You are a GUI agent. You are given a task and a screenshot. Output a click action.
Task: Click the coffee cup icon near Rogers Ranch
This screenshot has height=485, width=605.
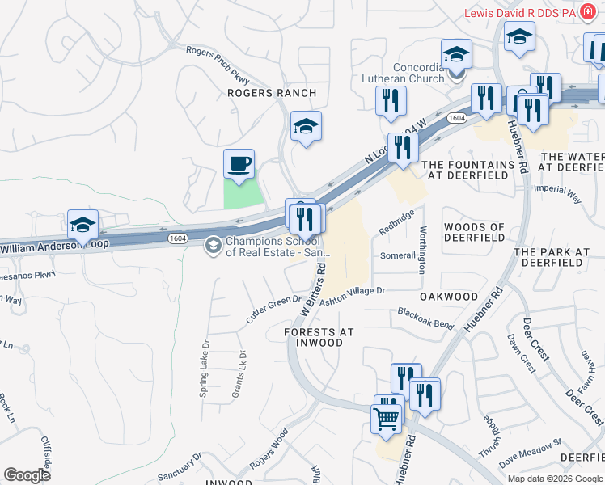pos(239,164)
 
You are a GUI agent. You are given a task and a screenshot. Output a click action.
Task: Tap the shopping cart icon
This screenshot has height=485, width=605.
pos(387,419)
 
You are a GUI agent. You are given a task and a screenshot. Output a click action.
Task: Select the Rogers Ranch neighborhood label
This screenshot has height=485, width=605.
pos(272,94)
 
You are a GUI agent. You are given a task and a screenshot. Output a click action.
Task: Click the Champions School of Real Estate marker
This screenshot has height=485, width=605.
pos(213,244)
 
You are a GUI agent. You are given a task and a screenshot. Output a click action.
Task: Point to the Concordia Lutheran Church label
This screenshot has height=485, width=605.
pos(419,73)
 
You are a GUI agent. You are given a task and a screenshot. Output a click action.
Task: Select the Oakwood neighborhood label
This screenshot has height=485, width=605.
pos(450,297)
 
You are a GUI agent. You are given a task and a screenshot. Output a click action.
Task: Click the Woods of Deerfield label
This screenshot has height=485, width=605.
pos(474,233)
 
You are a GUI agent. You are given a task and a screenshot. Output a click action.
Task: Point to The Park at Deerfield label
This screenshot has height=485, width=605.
pos(552,257)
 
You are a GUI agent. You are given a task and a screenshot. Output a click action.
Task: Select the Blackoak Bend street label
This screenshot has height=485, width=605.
pos(425,316)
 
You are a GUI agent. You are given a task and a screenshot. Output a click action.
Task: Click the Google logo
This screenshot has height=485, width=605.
pos(27,474)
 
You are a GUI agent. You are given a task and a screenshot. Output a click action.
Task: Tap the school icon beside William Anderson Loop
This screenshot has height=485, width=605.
pos(82,225)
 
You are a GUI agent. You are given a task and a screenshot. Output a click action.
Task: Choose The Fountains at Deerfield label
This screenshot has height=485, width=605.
pos(468,170)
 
